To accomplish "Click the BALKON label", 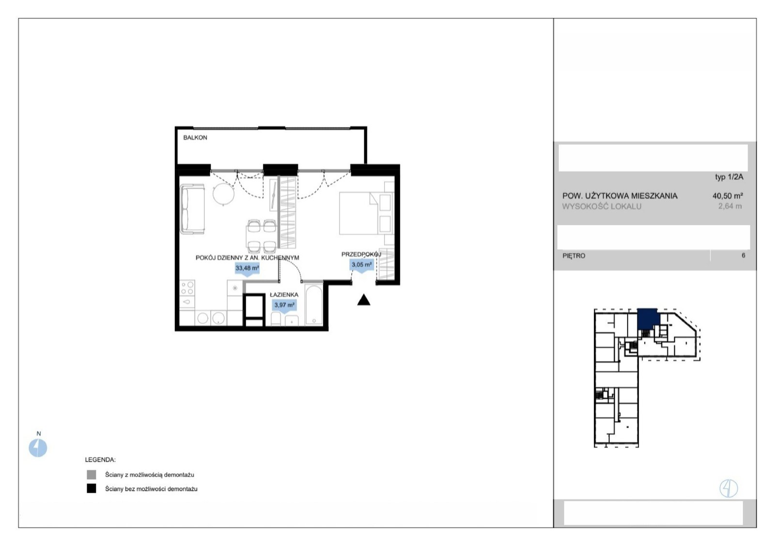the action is point(195,137).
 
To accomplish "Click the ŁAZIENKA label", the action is point(284,295).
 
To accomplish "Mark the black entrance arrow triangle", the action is point(364,300).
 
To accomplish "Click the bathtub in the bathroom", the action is point(314,305).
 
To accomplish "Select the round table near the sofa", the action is point(223,194).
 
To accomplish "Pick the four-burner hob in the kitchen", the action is point(187,288).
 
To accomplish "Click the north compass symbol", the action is point(38,448).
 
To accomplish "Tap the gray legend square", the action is point(92,474).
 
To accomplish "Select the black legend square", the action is point(92,488).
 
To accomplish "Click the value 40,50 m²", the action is point(728,196).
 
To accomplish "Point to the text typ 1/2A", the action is point(729,177).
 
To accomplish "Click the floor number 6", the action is point(743,256).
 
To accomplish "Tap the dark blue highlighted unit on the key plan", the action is point(648,319).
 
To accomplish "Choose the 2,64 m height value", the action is point(729,206).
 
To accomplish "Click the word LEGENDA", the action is point(100,460).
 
